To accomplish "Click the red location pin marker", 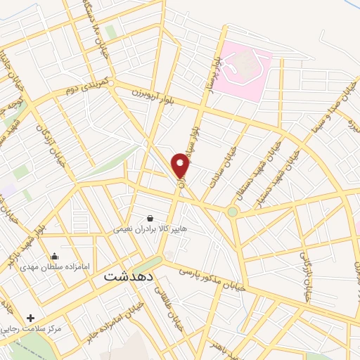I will pos(181,166).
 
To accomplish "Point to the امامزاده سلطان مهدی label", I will pos(58,267).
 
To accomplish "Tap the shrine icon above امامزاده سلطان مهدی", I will pos(55,256).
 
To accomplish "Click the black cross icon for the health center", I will pos(30,318).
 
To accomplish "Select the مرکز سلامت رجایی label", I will pos(32,328).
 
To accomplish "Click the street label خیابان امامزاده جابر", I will pos(120,320).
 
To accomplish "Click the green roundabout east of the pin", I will pos(233,211).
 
